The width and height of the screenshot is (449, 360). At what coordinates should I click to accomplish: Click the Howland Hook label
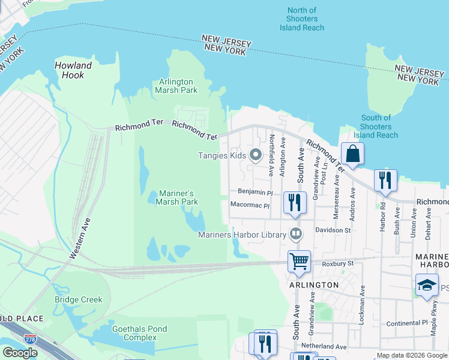[x=73, y=71]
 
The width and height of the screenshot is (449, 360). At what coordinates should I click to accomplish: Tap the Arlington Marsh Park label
[x=176, y=86]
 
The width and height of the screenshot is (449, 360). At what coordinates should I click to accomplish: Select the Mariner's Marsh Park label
[x=177, y=197]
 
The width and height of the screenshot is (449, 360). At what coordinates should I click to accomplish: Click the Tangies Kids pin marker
[x=256, y=155]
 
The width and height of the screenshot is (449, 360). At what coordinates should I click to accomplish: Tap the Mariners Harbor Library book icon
[x=295, y=234]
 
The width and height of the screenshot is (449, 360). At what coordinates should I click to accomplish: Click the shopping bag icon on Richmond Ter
[x=353, y=154]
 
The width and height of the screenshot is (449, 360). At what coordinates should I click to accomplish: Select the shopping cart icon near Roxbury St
[x=299, y=261]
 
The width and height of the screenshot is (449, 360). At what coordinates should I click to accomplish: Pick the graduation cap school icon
[x=427, y=285]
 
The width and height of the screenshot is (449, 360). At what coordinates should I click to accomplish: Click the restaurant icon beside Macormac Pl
[x=294, y=202]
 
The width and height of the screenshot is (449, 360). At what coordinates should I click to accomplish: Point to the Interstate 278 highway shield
[x=30, y=340]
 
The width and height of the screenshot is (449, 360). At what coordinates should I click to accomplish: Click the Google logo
[x=20, y=353]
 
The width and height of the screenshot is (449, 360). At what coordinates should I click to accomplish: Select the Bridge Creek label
[x=79, y=299]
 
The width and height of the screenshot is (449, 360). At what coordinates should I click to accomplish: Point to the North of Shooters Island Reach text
[x=302, y=19]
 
